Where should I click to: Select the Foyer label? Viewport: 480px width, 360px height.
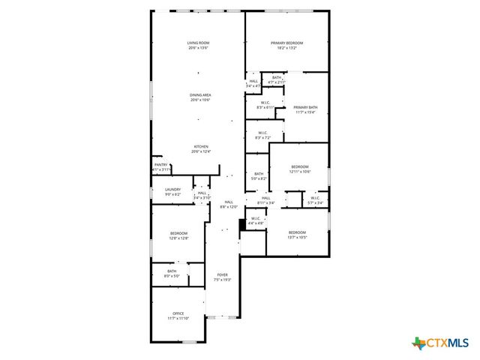(223, 277)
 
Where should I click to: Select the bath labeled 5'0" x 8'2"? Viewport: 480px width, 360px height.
(259, 176)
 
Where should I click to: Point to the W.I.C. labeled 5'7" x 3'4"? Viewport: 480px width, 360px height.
(315, 200)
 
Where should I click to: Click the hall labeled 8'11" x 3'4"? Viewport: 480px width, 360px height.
(266, 200)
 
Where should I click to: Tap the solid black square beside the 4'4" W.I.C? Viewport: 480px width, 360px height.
(242, 223)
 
